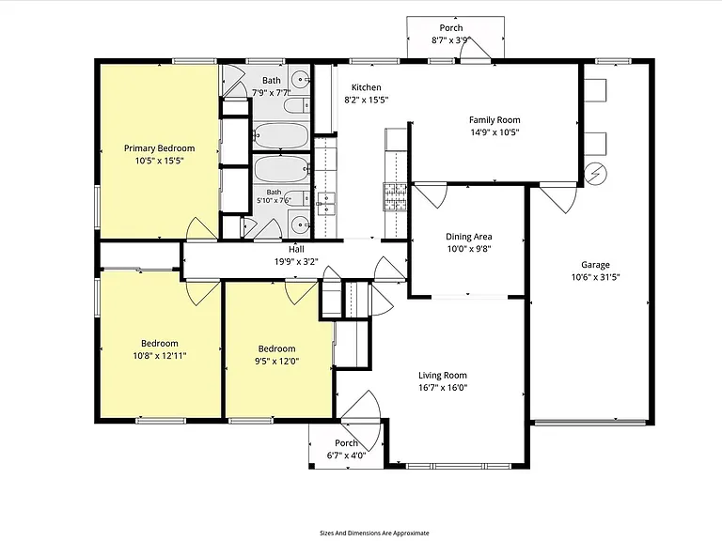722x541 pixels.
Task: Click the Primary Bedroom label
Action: tap(159, 148)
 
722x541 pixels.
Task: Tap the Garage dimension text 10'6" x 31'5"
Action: tap(595, 277)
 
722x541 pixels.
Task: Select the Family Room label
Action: tap(494, 120)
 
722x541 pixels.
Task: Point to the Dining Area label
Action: tap(469, 237)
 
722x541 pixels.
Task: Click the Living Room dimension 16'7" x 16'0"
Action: tap(443, 387)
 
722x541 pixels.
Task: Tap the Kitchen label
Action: tap(366, 87)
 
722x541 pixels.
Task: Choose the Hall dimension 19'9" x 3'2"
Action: tap(296, 262)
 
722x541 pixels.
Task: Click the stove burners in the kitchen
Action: tap(395, 196)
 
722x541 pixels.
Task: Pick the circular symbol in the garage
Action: tap(595, 174)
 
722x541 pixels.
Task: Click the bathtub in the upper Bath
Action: tap(281, 135)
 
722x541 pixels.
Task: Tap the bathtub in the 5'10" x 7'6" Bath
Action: tap(281, 169)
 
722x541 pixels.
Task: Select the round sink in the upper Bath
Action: tap(301, 80)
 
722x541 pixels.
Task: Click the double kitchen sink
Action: tap(326, 204)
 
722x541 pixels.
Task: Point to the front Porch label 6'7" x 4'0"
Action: tap(346, 450)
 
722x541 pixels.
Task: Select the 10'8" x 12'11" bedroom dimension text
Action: tap(160, 356)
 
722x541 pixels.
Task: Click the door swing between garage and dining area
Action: tap(559, 198)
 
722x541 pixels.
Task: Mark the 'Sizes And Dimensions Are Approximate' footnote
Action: tap(374, 533)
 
